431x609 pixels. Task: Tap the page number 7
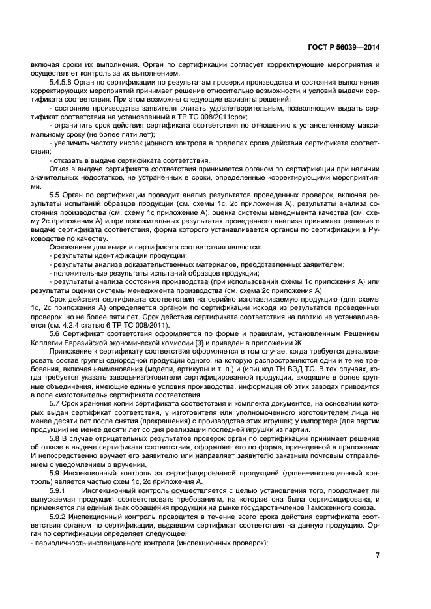pos(378,554)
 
